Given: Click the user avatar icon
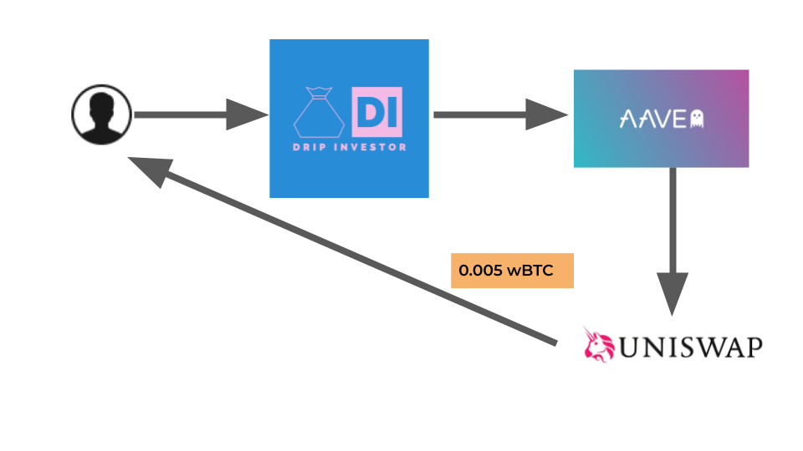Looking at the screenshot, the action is [101, 114].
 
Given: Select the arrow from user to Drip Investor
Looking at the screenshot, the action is [202, 114].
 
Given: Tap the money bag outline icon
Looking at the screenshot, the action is [319, 113].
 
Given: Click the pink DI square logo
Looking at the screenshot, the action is [377, 112].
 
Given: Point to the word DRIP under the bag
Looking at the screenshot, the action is [309, 147].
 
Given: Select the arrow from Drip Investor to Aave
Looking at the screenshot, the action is [501, 114].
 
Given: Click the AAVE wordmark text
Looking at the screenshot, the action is [653, 119].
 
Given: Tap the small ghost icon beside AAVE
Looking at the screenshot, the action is [697, 119].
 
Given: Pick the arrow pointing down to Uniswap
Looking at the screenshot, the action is [673, 241].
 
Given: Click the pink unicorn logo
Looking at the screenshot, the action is [598, 345].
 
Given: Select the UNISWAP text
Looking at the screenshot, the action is [691, 347].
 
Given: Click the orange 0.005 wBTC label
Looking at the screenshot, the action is [512, 271].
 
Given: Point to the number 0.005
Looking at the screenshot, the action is [480, 271].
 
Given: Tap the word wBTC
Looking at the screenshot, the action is [530, 271].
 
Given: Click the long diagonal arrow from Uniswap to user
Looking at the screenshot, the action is [342, 251].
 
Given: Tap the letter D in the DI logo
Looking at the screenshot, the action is [368, 112].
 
